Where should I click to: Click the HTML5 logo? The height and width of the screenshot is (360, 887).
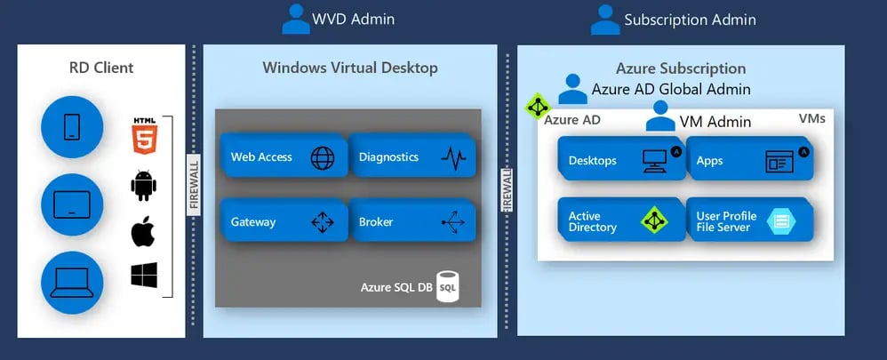(143, 133)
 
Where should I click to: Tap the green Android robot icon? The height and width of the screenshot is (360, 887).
(143, 185)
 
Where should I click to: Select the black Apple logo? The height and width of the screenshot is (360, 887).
(143, 232)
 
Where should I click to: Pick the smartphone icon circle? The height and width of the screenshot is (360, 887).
(72, 127)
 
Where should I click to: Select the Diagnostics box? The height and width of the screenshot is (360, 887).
(411, 157)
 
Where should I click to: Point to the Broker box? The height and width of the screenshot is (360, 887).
(411, 222)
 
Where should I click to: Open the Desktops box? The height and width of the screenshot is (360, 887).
(619, 161)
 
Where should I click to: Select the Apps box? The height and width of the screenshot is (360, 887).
(747, 161)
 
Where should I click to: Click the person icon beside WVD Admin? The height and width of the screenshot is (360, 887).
(295, 19)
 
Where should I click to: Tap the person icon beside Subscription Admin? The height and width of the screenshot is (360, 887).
(606, 19)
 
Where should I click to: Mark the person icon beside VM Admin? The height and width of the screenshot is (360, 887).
(660, 116)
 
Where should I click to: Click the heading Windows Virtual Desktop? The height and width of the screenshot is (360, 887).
(350, 68)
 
